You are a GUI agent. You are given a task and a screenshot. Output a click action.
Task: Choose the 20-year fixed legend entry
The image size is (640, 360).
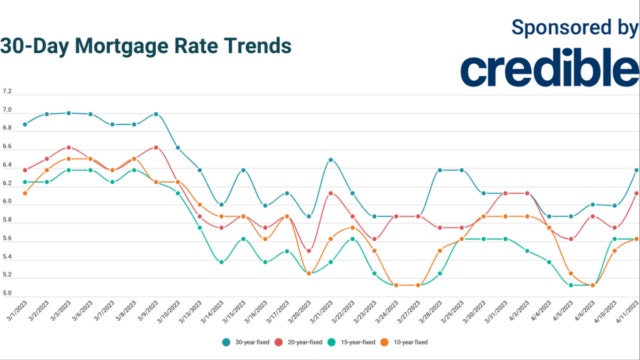coord(297,341)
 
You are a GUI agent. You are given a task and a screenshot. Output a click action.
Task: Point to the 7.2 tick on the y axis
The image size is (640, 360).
coord(8,90)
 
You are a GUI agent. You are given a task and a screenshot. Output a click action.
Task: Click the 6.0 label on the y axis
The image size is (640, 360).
coord(8,201)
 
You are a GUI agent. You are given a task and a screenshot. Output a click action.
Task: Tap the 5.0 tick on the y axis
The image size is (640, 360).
coord(8,293)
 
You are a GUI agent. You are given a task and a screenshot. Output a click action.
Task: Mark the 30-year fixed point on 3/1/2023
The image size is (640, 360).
coord(24,125)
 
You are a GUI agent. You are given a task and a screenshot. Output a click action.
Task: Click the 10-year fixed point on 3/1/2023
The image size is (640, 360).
coord(24,193)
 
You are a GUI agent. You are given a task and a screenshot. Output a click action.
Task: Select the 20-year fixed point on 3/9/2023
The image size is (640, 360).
coord(156,147)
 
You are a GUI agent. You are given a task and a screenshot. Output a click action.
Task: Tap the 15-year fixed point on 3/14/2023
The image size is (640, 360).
coord(221,262)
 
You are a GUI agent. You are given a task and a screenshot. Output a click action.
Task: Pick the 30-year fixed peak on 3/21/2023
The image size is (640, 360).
coord(331,160)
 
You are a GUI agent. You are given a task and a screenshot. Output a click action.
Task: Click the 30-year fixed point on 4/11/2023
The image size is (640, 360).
coord(637,170)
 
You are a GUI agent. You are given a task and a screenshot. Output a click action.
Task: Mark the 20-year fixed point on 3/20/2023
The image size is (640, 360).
coord(309,251)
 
